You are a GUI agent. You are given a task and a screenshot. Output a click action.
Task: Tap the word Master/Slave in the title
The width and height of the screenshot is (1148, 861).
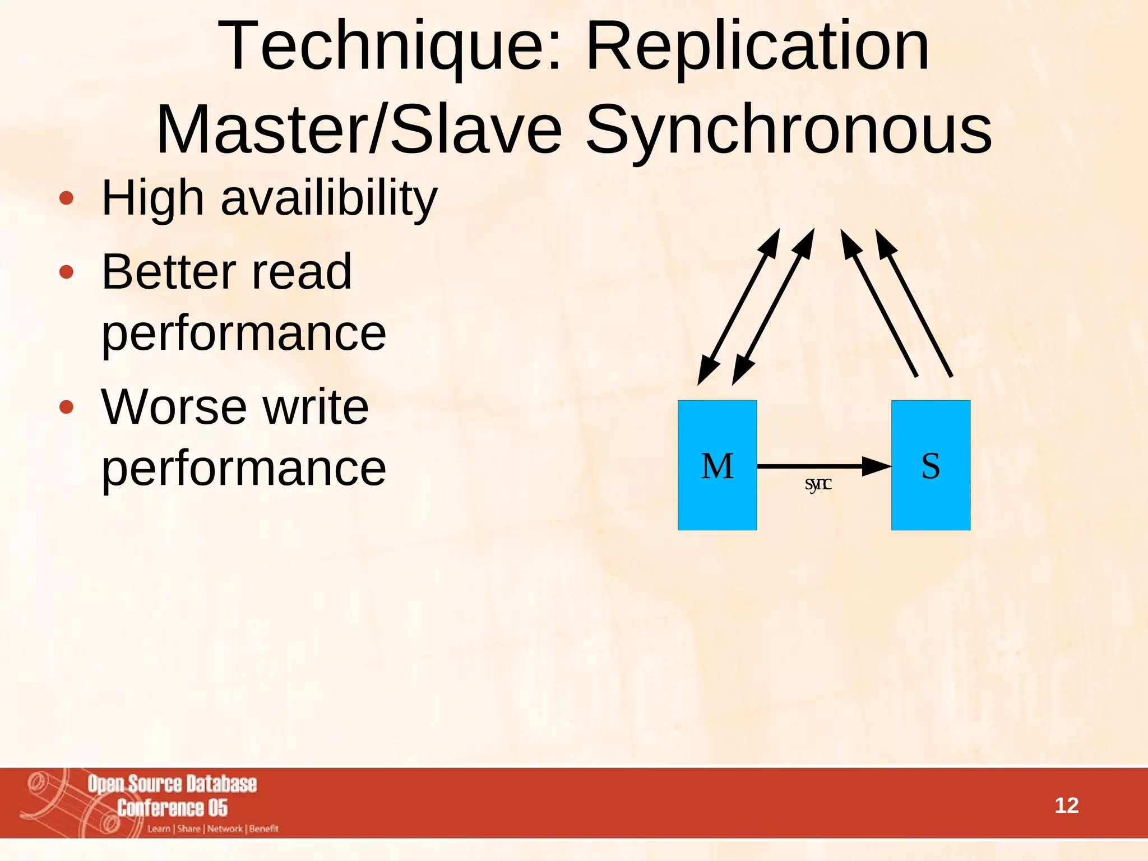[x=359, y=130]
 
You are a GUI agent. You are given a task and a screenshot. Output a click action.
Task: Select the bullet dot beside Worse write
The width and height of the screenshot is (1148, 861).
[x=66, y=408]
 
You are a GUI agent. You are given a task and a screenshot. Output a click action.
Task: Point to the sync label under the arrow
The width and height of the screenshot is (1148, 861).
[x=818, y=484]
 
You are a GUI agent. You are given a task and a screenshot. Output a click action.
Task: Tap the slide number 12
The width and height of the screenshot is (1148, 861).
[x=1066, y=806]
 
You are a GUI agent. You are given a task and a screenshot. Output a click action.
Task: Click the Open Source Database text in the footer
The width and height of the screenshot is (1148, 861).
[x=172, y=784]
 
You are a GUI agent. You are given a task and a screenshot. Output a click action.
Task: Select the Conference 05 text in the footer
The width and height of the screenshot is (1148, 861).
[x=172, y=808]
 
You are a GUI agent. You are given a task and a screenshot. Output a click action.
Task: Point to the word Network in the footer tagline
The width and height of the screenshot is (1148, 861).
[x=225, y=828]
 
